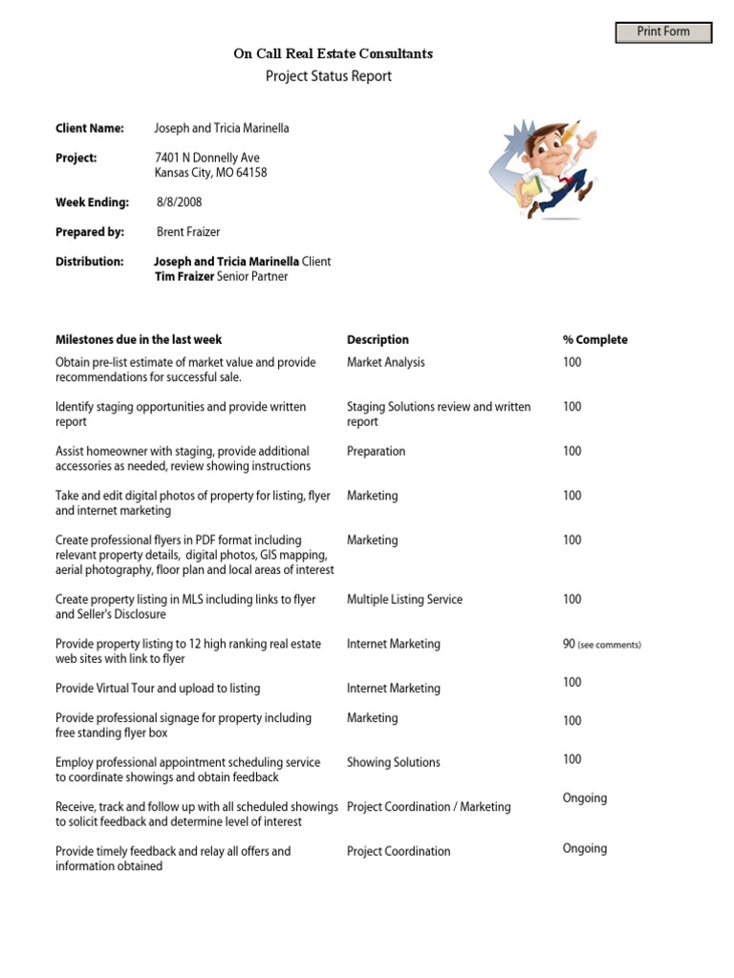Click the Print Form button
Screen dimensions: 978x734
663,32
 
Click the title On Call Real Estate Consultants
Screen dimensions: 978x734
333,54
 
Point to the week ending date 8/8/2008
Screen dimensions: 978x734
180,202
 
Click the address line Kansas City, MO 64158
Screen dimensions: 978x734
211,173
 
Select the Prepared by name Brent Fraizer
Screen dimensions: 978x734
188,232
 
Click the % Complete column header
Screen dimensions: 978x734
594,340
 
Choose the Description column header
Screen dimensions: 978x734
378,340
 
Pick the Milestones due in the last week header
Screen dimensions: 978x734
139,340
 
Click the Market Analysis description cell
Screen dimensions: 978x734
386,363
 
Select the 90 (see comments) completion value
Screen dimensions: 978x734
601,645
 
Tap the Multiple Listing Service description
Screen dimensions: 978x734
404,600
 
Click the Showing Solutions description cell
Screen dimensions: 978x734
394,763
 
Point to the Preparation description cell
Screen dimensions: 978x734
376,452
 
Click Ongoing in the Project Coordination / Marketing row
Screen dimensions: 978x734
584,798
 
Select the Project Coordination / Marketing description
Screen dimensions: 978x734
428,807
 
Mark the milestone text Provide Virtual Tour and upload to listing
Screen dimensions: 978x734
158,689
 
